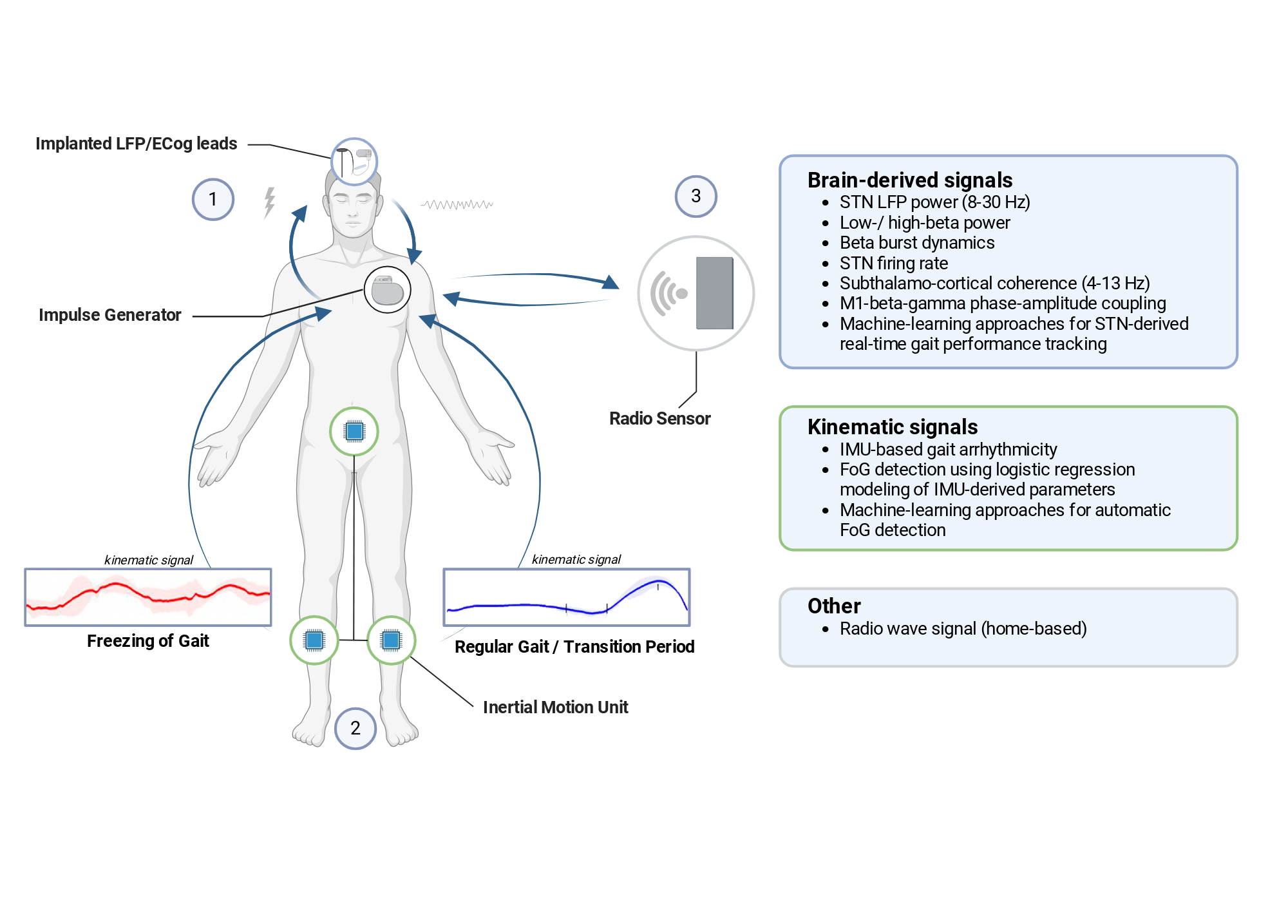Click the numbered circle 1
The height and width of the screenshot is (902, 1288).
[213, 200]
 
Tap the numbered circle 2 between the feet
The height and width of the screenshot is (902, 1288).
[355, 728]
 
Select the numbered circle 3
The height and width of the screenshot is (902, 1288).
[696, 196]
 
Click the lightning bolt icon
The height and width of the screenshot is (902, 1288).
[270, 202]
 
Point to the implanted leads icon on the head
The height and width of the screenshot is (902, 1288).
[354, 162]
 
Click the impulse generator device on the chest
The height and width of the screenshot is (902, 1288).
[388, 290]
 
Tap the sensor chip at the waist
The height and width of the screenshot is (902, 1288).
[354, 431]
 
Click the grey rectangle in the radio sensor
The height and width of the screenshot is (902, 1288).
[715, 293]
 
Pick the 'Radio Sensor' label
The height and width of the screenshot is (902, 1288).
[660, 419]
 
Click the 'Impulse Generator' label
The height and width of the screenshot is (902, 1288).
[110, 315]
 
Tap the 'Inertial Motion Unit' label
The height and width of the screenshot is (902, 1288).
[556, 707]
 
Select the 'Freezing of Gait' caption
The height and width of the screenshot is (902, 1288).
[148, 641]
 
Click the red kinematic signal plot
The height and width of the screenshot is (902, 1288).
[148, 597]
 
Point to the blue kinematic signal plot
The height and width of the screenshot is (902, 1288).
[567, 597]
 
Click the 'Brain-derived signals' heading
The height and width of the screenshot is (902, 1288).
[910, 180]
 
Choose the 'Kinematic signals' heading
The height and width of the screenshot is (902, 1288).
[893, 427]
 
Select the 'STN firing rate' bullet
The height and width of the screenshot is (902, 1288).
[894, 264]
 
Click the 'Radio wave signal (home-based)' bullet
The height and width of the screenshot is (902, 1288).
[963, 629]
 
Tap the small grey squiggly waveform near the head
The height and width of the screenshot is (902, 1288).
[457, 205]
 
